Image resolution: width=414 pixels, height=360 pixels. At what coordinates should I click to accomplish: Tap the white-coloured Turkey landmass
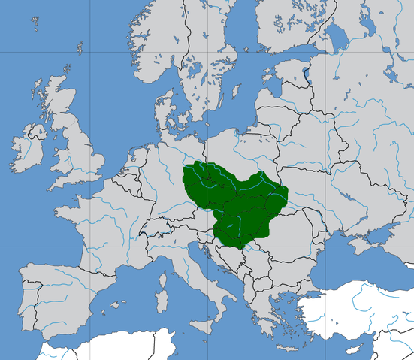tap(368, 316)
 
